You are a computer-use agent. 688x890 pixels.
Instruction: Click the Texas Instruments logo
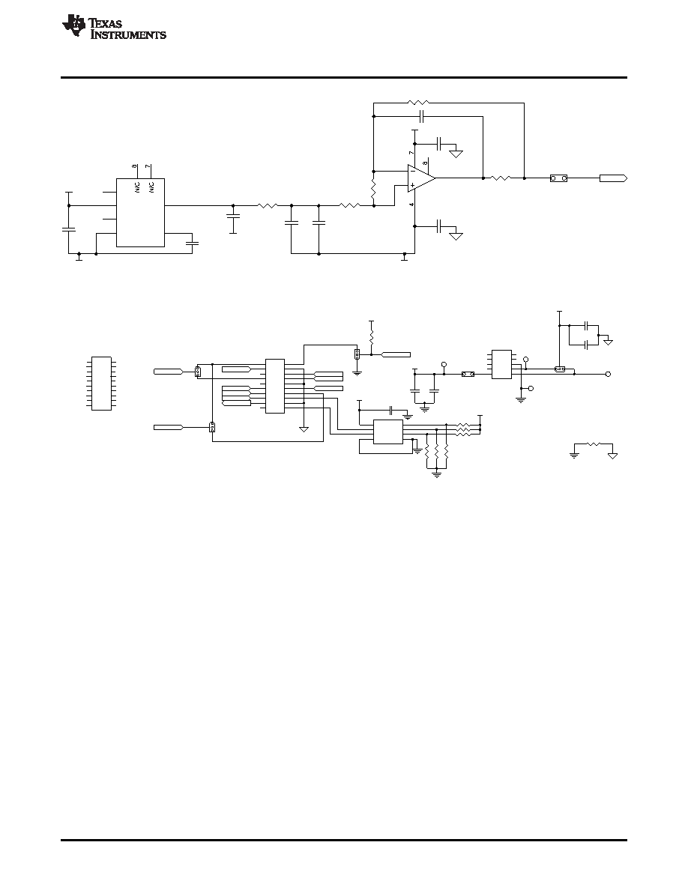(114, 28)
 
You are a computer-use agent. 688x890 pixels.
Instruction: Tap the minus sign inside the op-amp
(413, 171)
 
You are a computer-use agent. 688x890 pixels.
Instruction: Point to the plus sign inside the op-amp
(413, 184)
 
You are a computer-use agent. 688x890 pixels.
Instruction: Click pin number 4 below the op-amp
(411, 204)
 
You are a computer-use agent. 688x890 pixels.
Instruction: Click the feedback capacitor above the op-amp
(421, 117)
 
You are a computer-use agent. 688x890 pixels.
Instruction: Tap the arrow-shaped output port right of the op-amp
(613, 178)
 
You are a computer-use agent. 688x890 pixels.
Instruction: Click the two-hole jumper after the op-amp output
(558, 178)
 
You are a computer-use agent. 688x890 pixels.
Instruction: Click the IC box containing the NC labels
(140, 213)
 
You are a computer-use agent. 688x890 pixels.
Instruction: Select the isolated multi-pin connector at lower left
(101, 383)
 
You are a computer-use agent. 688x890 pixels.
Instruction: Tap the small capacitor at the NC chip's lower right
(192, 243)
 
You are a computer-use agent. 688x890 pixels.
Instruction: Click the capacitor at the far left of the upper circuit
(69, 229)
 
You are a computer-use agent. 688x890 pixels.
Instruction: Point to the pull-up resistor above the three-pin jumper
(371, 336)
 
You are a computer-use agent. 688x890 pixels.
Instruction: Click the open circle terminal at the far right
(608, 374)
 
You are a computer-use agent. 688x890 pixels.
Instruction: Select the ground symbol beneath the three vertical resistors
(436, 474)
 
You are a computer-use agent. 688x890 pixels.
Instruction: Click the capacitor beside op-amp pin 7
(440, 144)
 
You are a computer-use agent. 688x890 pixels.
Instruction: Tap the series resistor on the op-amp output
(501, 178)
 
